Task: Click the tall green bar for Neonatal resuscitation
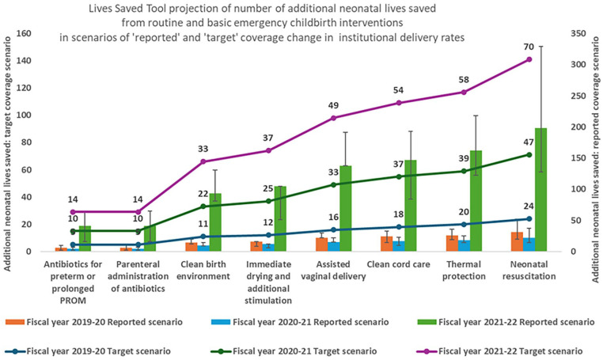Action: click(540, 190)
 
